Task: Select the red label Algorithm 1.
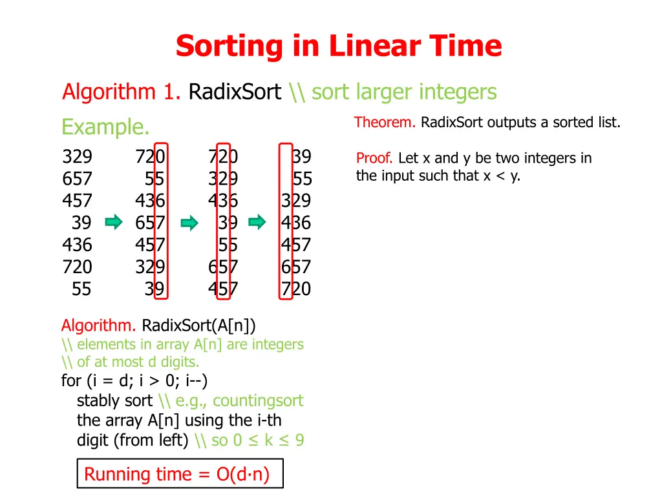pos(122,92)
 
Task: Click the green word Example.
pos(105,127)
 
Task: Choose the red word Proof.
pos(374,158)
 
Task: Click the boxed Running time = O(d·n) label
pos(176,475)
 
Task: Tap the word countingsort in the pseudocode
pos(257,401)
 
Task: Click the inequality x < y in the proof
pos(501,176)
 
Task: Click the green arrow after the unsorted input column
pos(114,223)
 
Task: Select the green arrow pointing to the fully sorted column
pos(257,223)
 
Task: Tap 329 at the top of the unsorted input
pos(77,157)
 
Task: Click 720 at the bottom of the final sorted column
pos(295,289)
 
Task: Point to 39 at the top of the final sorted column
pos(301,157)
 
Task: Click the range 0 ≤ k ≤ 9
pos(268,440)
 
